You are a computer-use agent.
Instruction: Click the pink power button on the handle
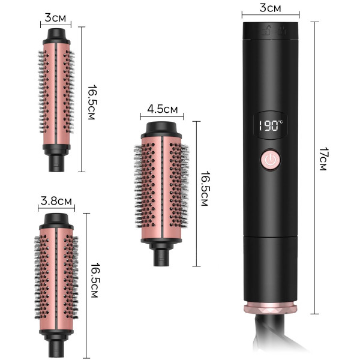(x=271, y=160)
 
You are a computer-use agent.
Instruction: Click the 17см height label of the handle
(x=323, y=159)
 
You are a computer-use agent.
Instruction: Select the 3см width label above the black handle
(x=270, y=8)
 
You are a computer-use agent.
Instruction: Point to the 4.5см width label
(x=163, y=109)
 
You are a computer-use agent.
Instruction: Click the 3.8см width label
(x=56, y=201)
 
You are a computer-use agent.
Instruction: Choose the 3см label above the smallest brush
(x=55, y=17)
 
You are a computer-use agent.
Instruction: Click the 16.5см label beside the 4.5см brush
(x=205, y=188)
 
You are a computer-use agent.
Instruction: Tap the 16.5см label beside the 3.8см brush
(x=95, y=280)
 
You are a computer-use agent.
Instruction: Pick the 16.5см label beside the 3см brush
(x=92, y=103)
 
